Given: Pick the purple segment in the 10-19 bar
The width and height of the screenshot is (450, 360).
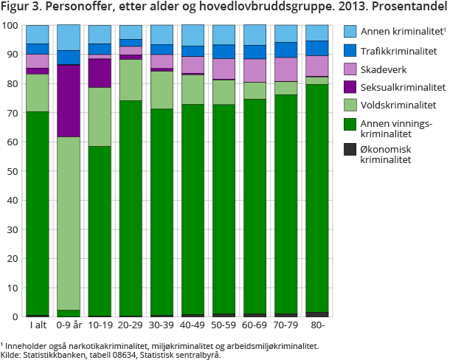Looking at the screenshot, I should [x=100, y=73].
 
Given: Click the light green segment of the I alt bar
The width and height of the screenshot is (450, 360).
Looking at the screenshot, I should [x=37, y=93].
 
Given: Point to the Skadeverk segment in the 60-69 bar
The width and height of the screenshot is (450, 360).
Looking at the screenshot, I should [x=255, y=70].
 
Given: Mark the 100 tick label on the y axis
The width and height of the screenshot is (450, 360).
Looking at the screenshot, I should [x=10, y=25].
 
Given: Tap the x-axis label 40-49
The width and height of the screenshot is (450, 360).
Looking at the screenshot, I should [x=193, y=325].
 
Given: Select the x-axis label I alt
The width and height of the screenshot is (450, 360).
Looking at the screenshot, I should [x=37, y=325].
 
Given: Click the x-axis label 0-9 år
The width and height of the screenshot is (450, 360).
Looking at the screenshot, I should [x=69, y=325].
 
